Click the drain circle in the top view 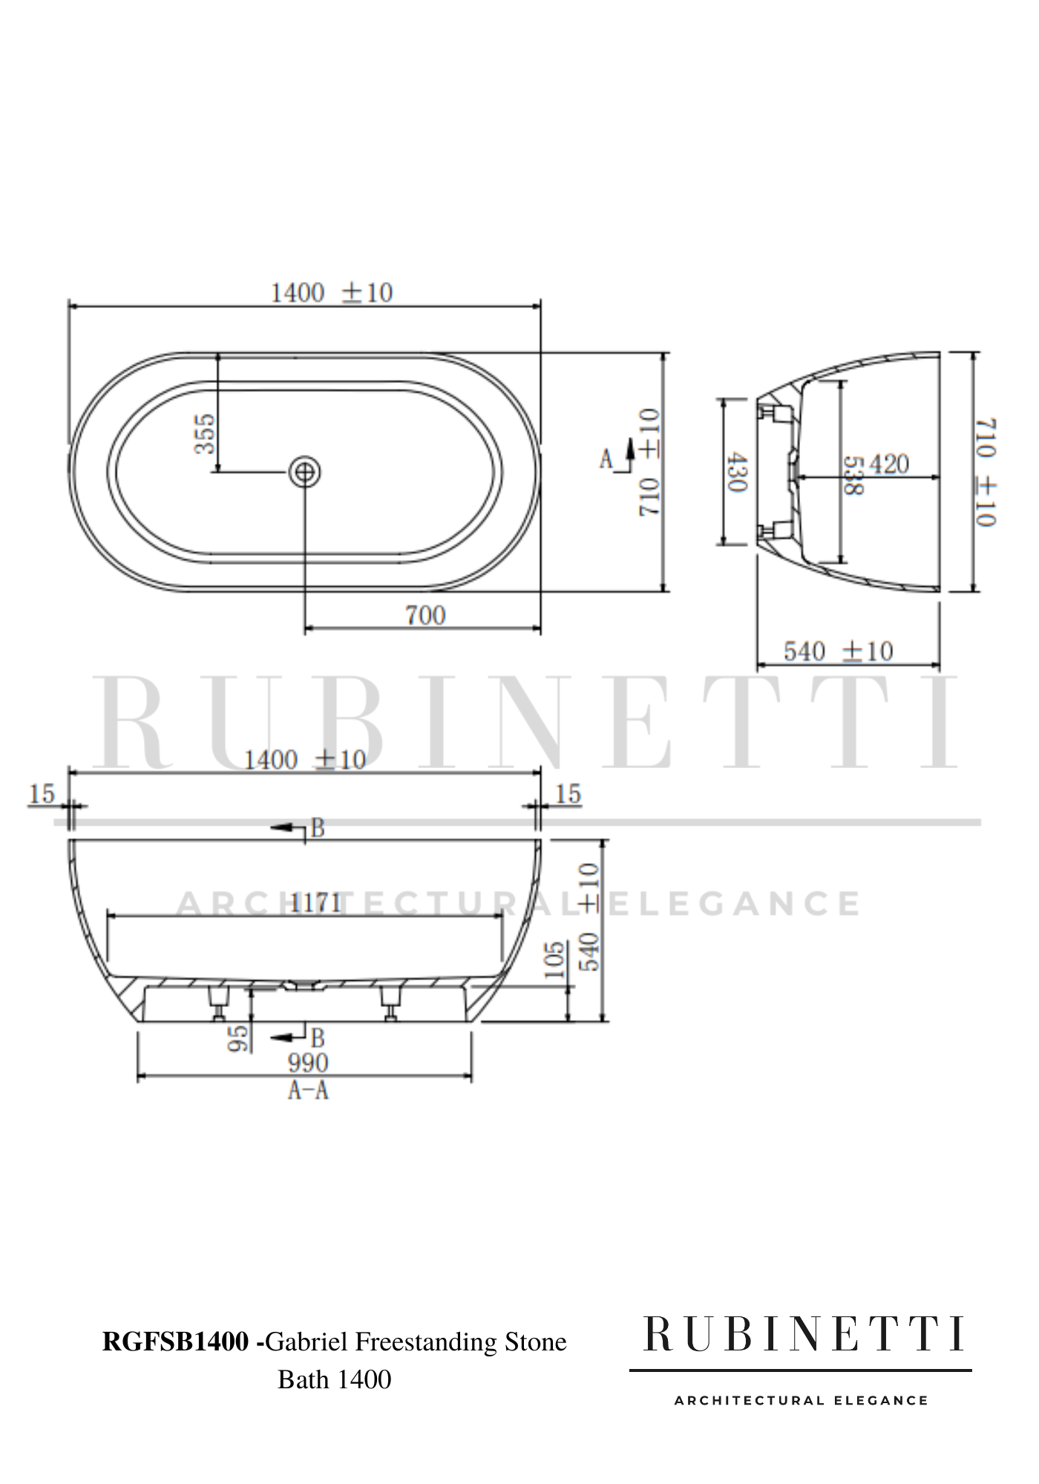click(x=305, y=471)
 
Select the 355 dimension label click(x=204, y=434)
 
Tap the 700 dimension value click(x=425, y=615)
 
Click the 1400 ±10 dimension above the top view click(x=331, y=292)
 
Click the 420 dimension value click(x=888, y=465)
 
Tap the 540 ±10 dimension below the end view click(x=838, y=651)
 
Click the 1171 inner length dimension click(x=315, y=903)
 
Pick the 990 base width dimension click(x=308, y=1063)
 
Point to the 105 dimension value click(x=554, y=961)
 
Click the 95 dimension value click(x=237, y=1038)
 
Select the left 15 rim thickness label click(x=42, y=794)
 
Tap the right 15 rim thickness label click(x=567, y=794)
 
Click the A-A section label click(x=308, y=1090)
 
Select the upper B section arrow click(x=297, y=827)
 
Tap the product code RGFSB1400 click(x=175, y=1342)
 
